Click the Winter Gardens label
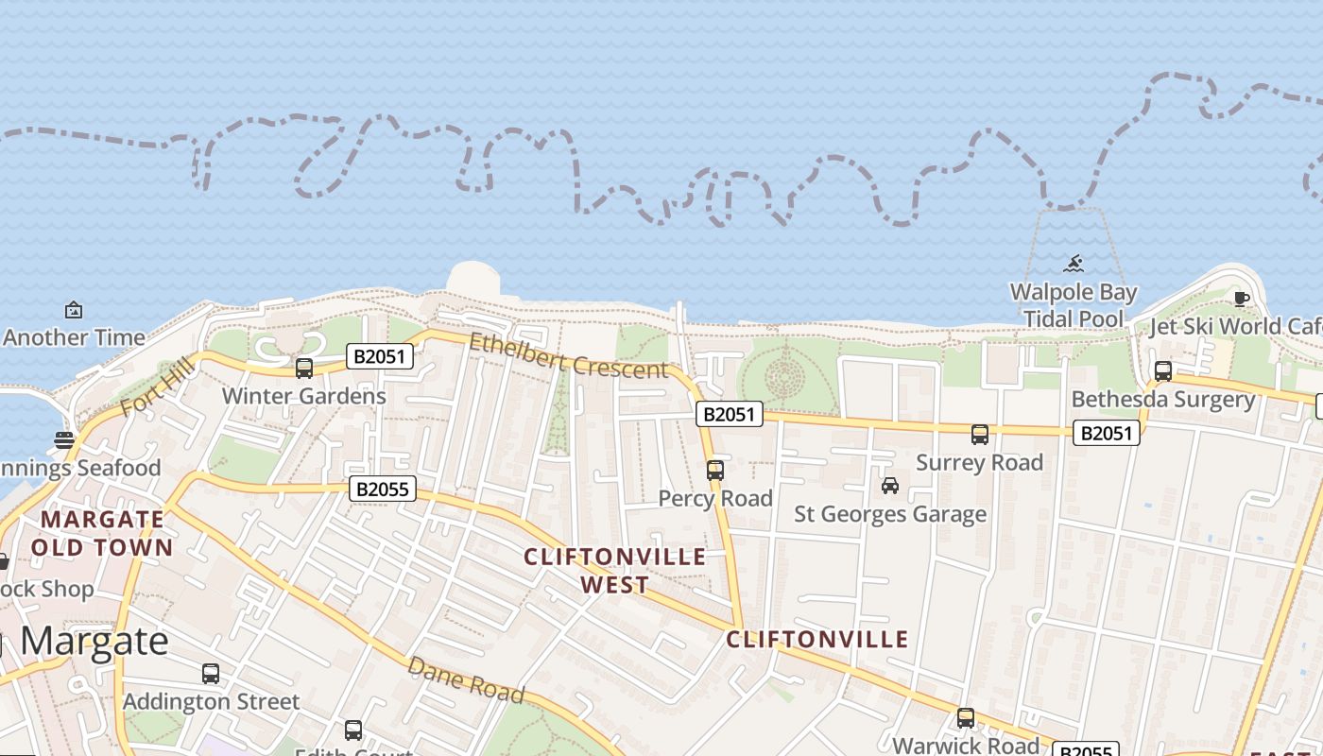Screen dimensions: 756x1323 [303, 396]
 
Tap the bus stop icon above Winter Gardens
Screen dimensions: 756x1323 [304, 369]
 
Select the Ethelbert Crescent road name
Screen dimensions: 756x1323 [568, 356]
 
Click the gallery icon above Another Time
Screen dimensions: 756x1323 [73, 310]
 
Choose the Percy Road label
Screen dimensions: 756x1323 [715, 498]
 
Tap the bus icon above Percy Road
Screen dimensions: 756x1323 [715, 470]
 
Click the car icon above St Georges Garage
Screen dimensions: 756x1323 [889, 486]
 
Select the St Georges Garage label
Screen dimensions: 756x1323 [889, 514]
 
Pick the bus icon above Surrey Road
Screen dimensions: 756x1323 [980, 435]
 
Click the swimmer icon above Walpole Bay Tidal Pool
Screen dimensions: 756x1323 [1074, 264]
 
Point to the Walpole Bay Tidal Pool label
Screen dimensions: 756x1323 [1074, 305]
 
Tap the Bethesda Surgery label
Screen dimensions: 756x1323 [1162, 400]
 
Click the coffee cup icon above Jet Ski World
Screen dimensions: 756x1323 [1242, 300]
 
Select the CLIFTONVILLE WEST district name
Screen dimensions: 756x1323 [615, 571]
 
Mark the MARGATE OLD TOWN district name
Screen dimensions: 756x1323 [102, 533]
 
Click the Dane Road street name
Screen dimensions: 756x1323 [465, 679]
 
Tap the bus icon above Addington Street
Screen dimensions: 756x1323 [211, 674]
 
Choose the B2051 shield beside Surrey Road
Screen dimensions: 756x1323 [1106, 433]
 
